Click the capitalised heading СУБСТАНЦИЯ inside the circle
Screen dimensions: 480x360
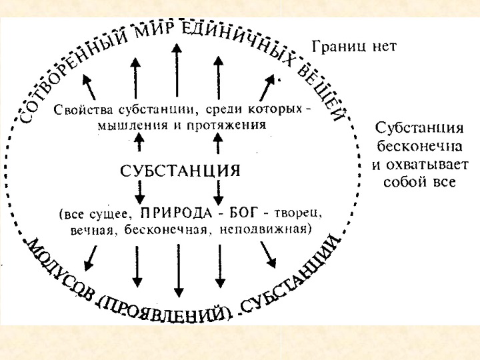tap(179, 170)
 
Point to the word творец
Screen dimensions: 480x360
tap(298, 215)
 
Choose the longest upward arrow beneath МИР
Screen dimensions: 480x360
tap(176, 70)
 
